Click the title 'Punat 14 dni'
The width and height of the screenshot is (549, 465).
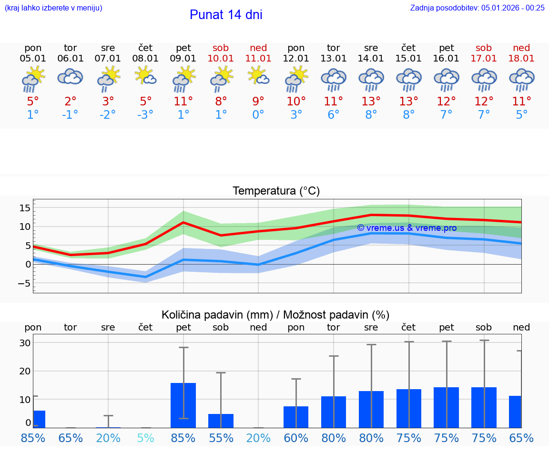pyautogui.click(x=226, y=15)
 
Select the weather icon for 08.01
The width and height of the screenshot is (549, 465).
pyautogui.click(x=145, y=76)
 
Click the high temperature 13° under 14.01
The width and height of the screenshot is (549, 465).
pyautogui.click(x=371, y=102)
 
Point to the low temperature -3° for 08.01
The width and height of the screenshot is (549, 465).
pyautogui.click(x=145, y=115)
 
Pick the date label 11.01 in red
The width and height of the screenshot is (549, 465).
pyautogui.click(x=258, y=59)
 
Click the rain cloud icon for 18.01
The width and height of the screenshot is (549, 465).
pyautogui.click(x=521, y=79)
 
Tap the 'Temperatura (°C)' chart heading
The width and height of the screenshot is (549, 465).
pyautogui.click(x=276, y=191)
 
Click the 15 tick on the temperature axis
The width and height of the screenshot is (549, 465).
pyautogui.click(x=25, y=208)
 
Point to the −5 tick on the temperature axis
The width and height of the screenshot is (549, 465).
pyautogui.click(x=24, y=284)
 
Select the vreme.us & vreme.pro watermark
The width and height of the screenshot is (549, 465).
pyautogui.click(x=407, y=228)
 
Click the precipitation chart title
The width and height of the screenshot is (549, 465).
pyautogui.click(x=275, y=315)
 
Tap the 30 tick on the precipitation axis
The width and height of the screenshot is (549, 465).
pyautogui.click(x=25, y=343)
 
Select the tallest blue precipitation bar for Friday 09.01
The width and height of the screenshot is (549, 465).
pyautogui.click(x=183, y=405)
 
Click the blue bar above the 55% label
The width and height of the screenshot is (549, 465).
pyautogui.click(x=221, y=421)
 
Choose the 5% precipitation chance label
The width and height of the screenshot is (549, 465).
pyautogui.click(x=146, y=438)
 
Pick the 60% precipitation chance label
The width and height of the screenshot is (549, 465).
pyautogui.click(x=296, y=438)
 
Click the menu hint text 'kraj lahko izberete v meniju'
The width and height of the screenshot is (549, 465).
pyautogui.click(x=53, y=8)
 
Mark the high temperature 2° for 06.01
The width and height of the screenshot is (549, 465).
pyautogui.click(x=70, y=102)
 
